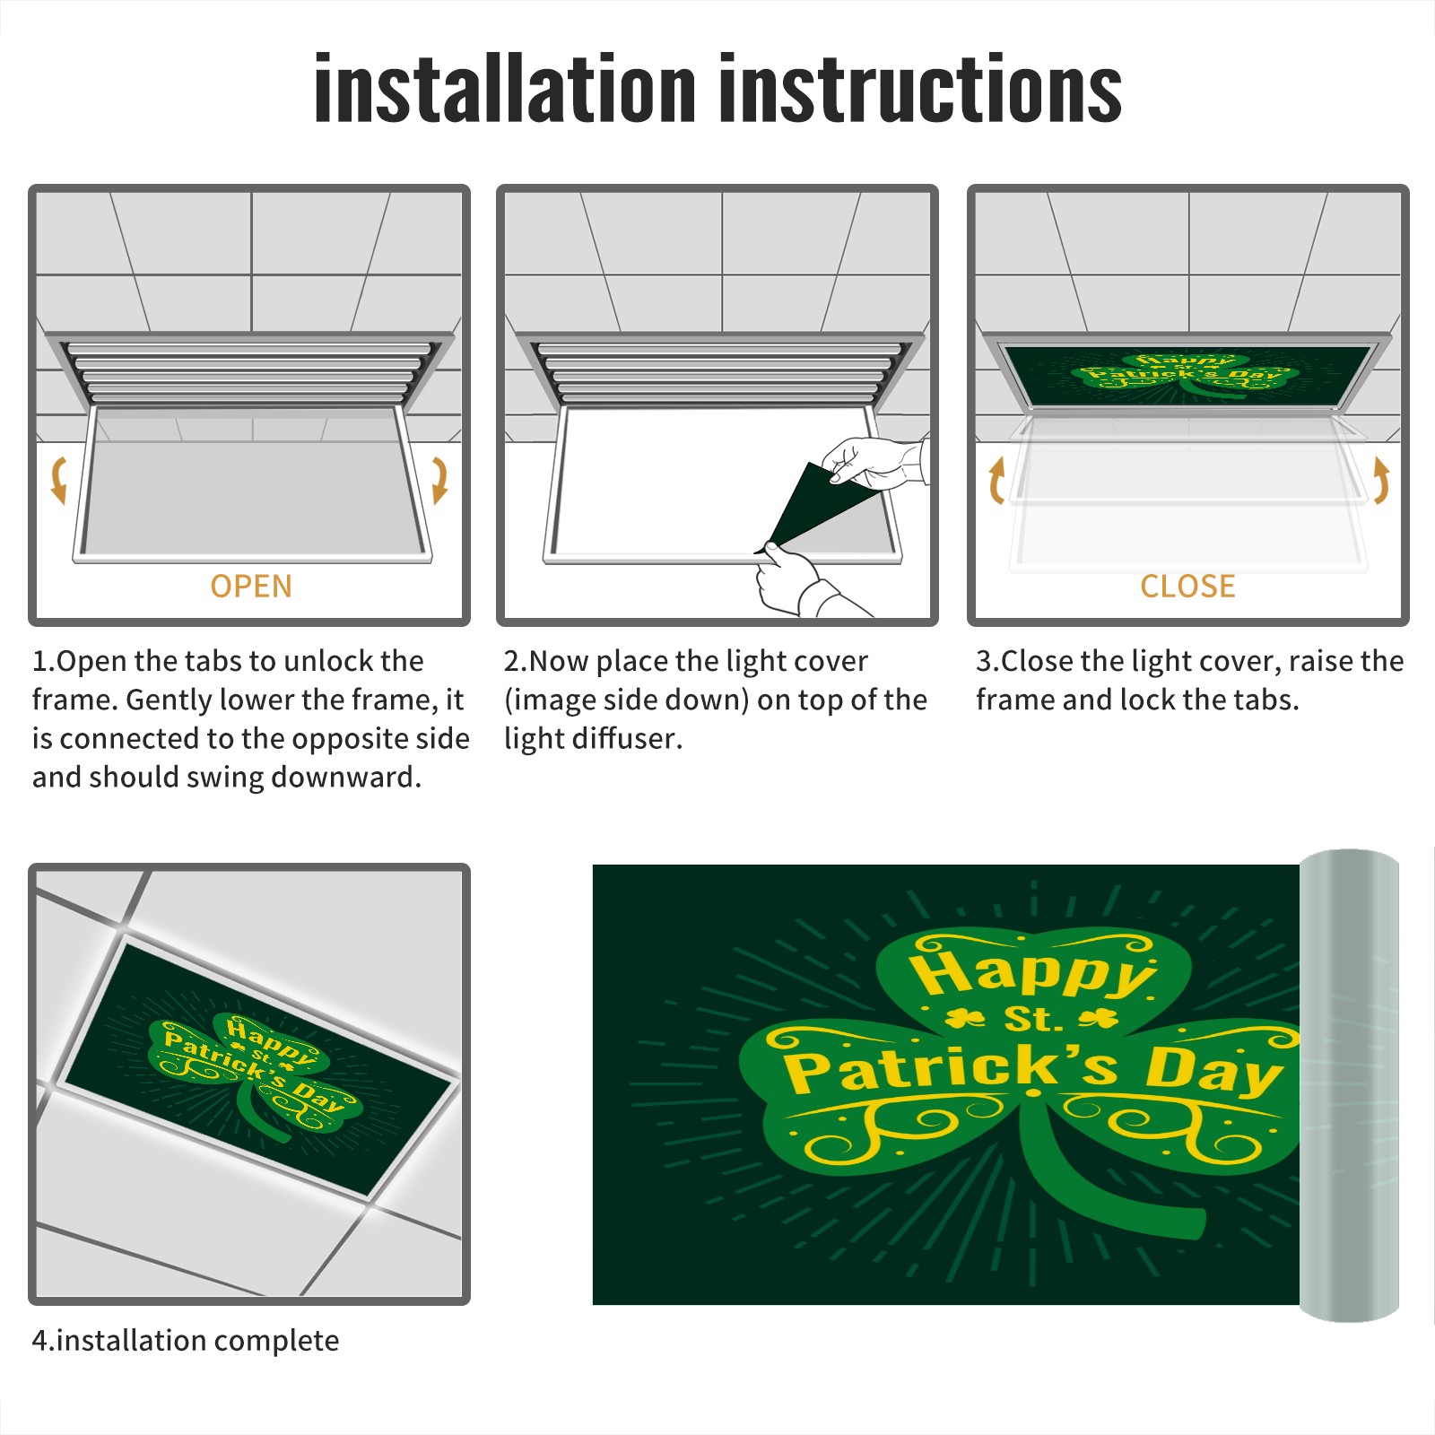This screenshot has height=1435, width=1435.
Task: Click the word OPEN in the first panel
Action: pos(251,586)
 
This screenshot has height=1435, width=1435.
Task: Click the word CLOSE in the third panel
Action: pos(1187,586)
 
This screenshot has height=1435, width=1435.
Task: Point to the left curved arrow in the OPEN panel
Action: pos(58,480)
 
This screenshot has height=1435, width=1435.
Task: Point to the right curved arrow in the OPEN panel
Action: pos(439,480)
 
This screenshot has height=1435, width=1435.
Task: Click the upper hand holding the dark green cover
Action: pos(874,462)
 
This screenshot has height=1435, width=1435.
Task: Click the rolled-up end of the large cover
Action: pos(1349,1085)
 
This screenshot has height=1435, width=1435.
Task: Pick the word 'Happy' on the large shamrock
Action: pos(1031,975)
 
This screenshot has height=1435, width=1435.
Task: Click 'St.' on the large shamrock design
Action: pos(1032,1019)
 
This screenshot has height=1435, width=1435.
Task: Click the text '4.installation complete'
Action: pos(186,1341)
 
